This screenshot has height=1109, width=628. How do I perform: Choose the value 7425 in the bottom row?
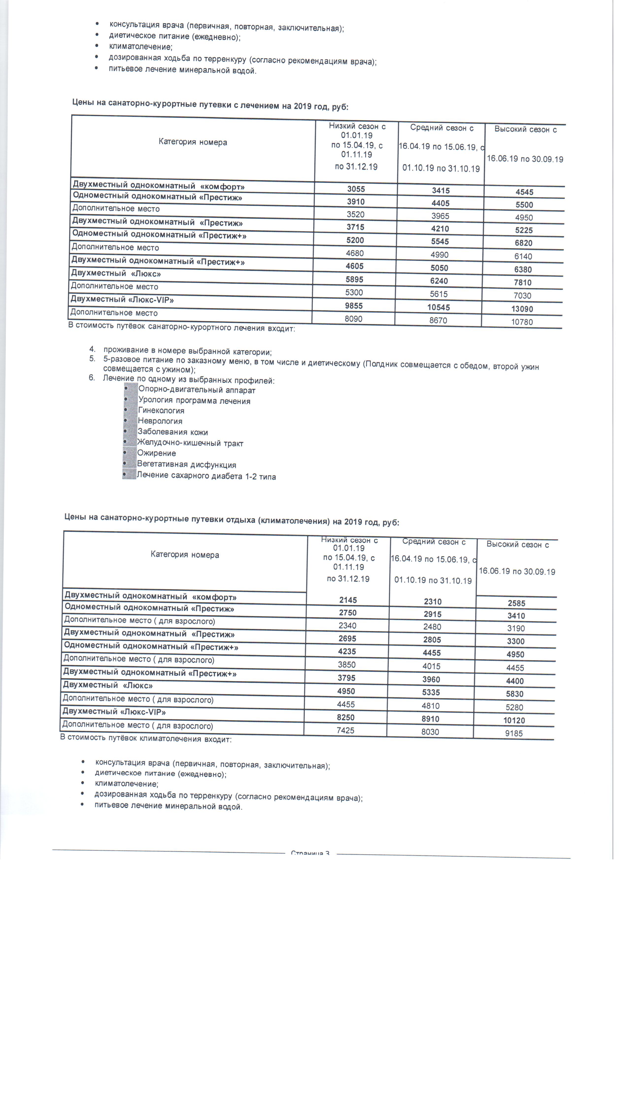point(345,730)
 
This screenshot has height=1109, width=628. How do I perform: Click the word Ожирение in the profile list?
point(156,453)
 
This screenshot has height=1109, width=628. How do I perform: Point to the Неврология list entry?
point(160,421)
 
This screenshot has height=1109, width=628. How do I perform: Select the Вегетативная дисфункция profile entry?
point(186,465)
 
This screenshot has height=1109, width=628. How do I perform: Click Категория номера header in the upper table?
point(193,142)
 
